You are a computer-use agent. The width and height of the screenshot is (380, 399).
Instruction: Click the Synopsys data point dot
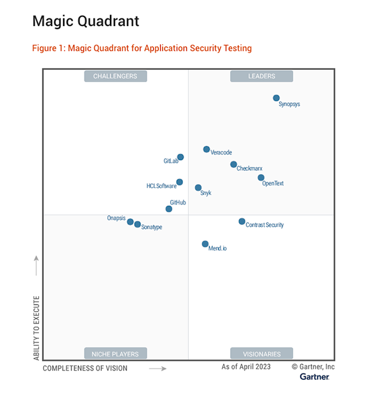coord(276,98)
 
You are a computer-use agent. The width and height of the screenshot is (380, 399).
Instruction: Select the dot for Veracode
coord(207,149)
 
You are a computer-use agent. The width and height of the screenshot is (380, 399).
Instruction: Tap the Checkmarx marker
coord(234,165)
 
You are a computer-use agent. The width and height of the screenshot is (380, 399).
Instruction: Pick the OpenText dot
coord(261,178)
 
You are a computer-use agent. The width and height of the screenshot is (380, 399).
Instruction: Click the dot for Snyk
coord(198,188)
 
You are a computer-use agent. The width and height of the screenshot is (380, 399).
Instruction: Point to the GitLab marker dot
coord(180,157)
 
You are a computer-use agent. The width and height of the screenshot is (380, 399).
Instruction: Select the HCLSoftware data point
coord(180,182)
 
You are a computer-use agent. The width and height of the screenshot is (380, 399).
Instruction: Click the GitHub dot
coord(169,208)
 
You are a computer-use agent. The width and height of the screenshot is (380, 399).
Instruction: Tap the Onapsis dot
coord(130,222)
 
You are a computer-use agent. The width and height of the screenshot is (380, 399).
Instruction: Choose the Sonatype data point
coord(137,224)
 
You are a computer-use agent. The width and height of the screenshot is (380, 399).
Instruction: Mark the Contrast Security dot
coord(242,222)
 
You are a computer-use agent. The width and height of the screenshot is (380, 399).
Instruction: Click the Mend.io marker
coord(205,244)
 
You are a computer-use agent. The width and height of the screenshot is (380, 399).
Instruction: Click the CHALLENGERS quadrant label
coord(115,76)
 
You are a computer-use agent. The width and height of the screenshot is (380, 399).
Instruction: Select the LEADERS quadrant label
coord(261,76)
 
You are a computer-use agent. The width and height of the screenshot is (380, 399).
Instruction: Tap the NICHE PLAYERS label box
coord(115,353)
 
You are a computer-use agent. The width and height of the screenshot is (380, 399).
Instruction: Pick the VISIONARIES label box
coord(261,353)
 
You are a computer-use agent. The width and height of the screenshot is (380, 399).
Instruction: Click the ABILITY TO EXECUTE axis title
coord(36,328)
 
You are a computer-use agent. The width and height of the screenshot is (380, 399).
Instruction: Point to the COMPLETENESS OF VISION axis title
coord(85,369)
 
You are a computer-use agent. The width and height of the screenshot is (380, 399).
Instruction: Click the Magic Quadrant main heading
coord(85,22)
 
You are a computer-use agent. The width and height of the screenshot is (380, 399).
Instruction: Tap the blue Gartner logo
coord(315,377)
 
